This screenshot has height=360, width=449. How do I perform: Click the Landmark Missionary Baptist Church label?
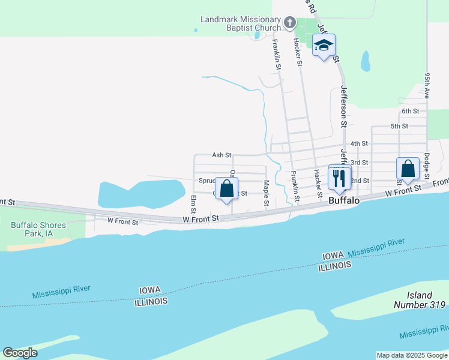pos(241,23)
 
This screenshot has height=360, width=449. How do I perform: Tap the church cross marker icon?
pos(290,23)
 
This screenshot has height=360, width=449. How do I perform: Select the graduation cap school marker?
pos(324,46)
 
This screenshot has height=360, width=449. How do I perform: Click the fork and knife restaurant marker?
pos(339,178)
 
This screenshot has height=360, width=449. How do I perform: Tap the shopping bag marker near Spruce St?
pos(227,190)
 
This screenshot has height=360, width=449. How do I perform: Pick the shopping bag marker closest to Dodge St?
pos(408,170)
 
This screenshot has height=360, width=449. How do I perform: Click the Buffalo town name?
pos(344,201)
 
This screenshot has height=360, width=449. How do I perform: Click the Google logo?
pos(20,353)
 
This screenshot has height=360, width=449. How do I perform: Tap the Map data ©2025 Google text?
pos(412,355)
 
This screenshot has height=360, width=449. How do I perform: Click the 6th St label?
pos(410,111)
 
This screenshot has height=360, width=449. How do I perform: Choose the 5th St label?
pos(399,126)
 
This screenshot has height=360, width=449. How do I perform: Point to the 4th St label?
pos(359,143)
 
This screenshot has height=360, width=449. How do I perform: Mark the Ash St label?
pos(221,155)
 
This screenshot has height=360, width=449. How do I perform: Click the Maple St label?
pos(265,194)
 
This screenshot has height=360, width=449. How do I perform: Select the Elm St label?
pos(193,204)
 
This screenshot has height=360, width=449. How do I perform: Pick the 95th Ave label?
pos(426,86)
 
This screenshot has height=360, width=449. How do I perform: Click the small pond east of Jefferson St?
pos(365,61)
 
